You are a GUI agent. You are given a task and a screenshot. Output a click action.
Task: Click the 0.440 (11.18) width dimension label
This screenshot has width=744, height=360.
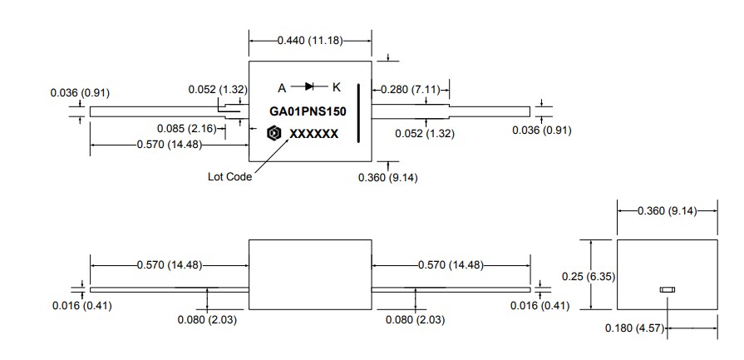point(310,40)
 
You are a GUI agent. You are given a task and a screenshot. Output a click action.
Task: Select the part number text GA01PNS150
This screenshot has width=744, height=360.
point(307,111)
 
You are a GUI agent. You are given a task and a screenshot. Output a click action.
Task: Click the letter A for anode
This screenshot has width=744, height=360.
point(282,87)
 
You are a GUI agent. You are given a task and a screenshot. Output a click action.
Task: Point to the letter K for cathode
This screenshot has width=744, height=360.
point(336,87)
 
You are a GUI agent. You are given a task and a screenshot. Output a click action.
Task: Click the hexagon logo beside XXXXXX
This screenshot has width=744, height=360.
point(273,133)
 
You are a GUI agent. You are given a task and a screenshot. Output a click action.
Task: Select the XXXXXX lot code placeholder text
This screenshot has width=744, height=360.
point(313,134)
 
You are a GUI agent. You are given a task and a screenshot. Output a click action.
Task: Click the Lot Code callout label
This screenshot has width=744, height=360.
point(229,176)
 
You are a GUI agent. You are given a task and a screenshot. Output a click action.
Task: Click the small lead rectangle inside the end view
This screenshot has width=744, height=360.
point(667,289)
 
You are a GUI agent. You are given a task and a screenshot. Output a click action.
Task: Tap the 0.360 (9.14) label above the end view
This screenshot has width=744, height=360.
point(668,210)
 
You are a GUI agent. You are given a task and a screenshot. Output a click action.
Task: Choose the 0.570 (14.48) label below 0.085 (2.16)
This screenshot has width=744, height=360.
point(169,145)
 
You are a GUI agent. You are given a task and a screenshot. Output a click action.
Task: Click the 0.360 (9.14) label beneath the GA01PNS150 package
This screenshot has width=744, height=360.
point(388,177)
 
